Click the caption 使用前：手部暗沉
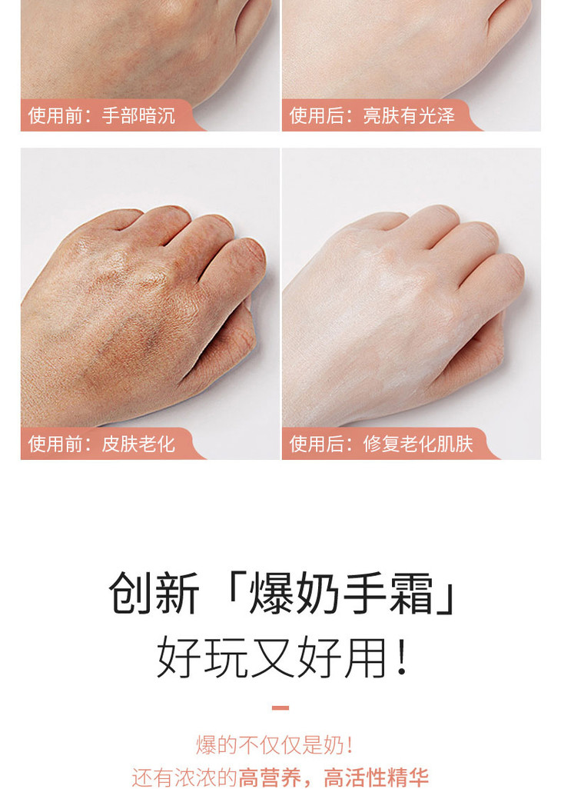click(x=101, y=115)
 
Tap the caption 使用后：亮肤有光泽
click(x=372, y=115)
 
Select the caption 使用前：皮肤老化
click(x=101, y=444)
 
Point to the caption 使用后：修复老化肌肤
click(x=381, y=444)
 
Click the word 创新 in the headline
click(x=154, y=593)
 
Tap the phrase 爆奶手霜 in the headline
click(x=341, y=593)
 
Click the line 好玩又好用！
click(x=280, y=657)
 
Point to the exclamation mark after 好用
click(x=401, y=657)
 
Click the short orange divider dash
click(x=280, y=707)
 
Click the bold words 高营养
click(x=269, y=777)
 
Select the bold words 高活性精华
click(x=376, y=777)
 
